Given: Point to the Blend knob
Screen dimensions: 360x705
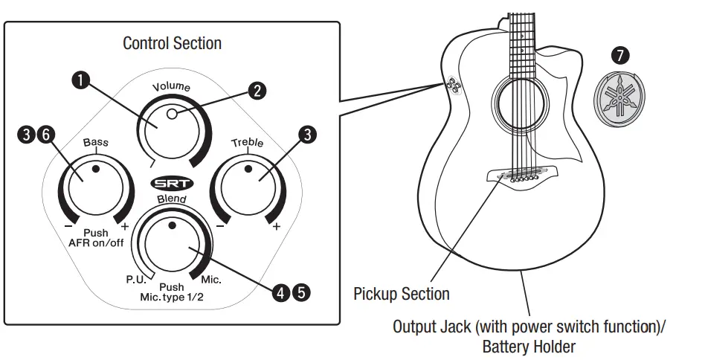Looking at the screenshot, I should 173,240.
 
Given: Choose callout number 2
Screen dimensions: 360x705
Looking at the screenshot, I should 257,90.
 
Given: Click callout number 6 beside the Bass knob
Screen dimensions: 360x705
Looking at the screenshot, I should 45,135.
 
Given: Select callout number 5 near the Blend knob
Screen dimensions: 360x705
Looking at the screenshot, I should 300,292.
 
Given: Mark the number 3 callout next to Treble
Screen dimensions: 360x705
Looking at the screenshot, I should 305,135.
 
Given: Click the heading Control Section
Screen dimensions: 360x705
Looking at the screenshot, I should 172,43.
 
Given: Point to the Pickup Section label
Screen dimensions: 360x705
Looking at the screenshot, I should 402,294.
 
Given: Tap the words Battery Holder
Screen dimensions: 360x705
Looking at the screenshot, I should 529,346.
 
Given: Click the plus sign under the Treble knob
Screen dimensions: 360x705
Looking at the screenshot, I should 276,227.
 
